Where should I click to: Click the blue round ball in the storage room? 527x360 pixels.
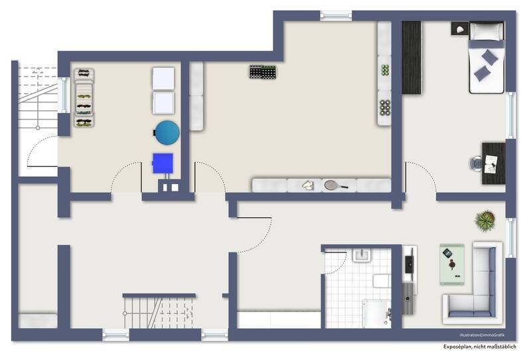(167, 132)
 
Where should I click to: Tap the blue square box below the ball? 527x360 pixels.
(163, 163)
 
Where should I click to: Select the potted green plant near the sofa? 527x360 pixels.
(485, 221)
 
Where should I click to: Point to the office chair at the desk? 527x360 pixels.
(476, 163)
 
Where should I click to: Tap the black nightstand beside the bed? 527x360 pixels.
(459, 28)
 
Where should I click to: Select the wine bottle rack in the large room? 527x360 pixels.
(262, 72)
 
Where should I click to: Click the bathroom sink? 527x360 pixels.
(362, 256)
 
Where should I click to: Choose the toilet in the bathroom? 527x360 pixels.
(380, 281)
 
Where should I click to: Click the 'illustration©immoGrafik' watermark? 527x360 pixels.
(488, 335)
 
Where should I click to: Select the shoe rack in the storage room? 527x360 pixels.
(84, 98)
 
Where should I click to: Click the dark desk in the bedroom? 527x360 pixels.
(493, 163)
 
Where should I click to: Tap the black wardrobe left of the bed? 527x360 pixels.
(412, 57)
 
